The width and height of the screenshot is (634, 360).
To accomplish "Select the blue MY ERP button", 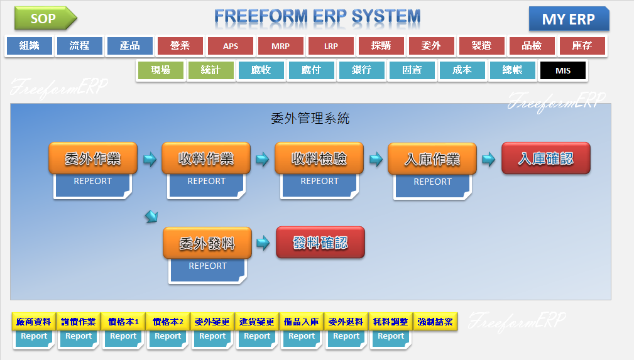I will tap(568, 19).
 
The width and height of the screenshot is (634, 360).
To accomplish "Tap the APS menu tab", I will tap(231, 46).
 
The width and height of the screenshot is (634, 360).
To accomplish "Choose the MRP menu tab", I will tap(281, 46).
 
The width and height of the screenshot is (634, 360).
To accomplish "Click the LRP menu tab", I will tap(331, 46).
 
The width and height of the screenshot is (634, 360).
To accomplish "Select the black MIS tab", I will tap(563, 70).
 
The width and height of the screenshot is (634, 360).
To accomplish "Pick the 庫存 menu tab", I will tap(582, 46).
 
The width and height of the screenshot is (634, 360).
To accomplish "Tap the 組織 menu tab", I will tap(30, 46).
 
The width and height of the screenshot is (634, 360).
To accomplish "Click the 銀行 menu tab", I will tap(362, 70).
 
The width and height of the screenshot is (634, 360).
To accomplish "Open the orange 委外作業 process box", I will tap(93, 158).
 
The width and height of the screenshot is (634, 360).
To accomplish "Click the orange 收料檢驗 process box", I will tap(319, 158).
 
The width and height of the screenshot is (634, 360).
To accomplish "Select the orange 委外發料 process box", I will tap(207, 243).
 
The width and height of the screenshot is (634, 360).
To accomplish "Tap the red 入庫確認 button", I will tap(545, 158).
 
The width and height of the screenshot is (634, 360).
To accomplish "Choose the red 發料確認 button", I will tap(320, 243).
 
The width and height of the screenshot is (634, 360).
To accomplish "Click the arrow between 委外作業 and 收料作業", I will tap(150, 159).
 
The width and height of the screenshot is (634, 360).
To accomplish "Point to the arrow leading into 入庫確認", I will tap(488, 159).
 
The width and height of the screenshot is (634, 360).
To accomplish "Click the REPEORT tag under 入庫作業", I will tap(432, 182).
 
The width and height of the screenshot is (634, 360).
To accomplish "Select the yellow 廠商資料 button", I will tap(34, 322).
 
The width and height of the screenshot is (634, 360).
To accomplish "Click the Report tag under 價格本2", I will tap(168, 337).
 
